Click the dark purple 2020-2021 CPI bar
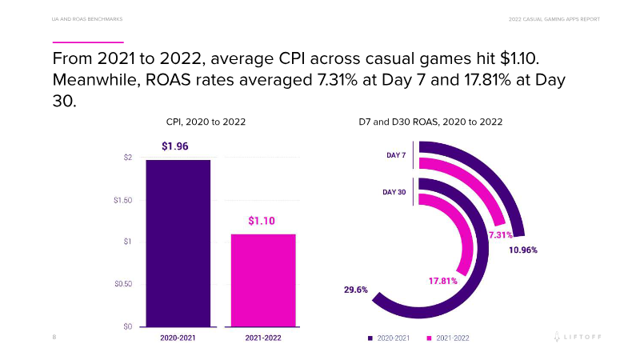pyautogui.click(x=178, y=243)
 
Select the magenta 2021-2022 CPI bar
pyautogui.click(x=263, y=280)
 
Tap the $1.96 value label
pyautogui.click(x=175, y=146)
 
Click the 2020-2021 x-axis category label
pyautogui.click(x=178, y=338)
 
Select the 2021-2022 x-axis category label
pyautogui.click(x=263, y=338)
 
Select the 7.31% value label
pyautogui.click(x=500, y=235)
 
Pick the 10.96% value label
pyautogui.click(x=522, y=250)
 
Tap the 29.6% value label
pyautogui.click(x=356, y=290)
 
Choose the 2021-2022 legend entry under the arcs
pyautogui.click(x=448, y=338)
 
